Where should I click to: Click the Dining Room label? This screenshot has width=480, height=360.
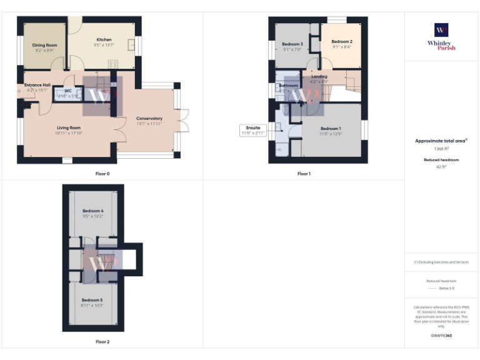click(x=44, y=45)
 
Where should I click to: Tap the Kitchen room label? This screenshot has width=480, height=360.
click(x=104, y=40)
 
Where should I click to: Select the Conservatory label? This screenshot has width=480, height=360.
click(x=149, y=118)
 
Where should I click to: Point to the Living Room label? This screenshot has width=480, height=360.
click(x=68, y=127)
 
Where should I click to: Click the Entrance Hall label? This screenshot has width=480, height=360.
click(x=37, y=85)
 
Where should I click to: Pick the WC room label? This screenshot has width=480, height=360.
click(x=67, y=91)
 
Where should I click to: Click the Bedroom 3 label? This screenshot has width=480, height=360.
click(x=292, y=44)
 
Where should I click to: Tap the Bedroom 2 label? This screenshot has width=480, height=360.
click(x=341, y=41)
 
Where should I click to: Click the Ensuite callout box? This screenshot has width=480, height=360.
click(x=252, y=130)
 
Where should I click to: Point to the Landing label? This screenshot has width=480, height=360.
click(x=319, y=77)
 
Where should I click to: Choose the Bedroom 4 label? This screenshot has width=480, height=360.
click(x=92, y=211)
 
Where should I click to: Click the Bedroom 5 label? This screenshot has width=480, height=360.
click(x=92, y=301)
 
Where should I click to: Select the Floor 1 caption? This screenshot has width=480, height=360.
click(x=304, y=174)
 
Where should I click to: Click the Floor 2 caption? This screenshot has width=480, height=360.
click(x=102, y=342)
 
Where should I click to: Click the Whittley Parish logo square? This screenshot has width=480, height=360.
click(x=441, y=30)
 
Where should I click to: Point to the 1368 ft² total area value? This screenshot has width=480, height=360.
click(x=441, y=149)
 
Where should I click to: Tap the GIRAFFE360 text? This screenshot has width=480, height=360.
click(x=441, y=336)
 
